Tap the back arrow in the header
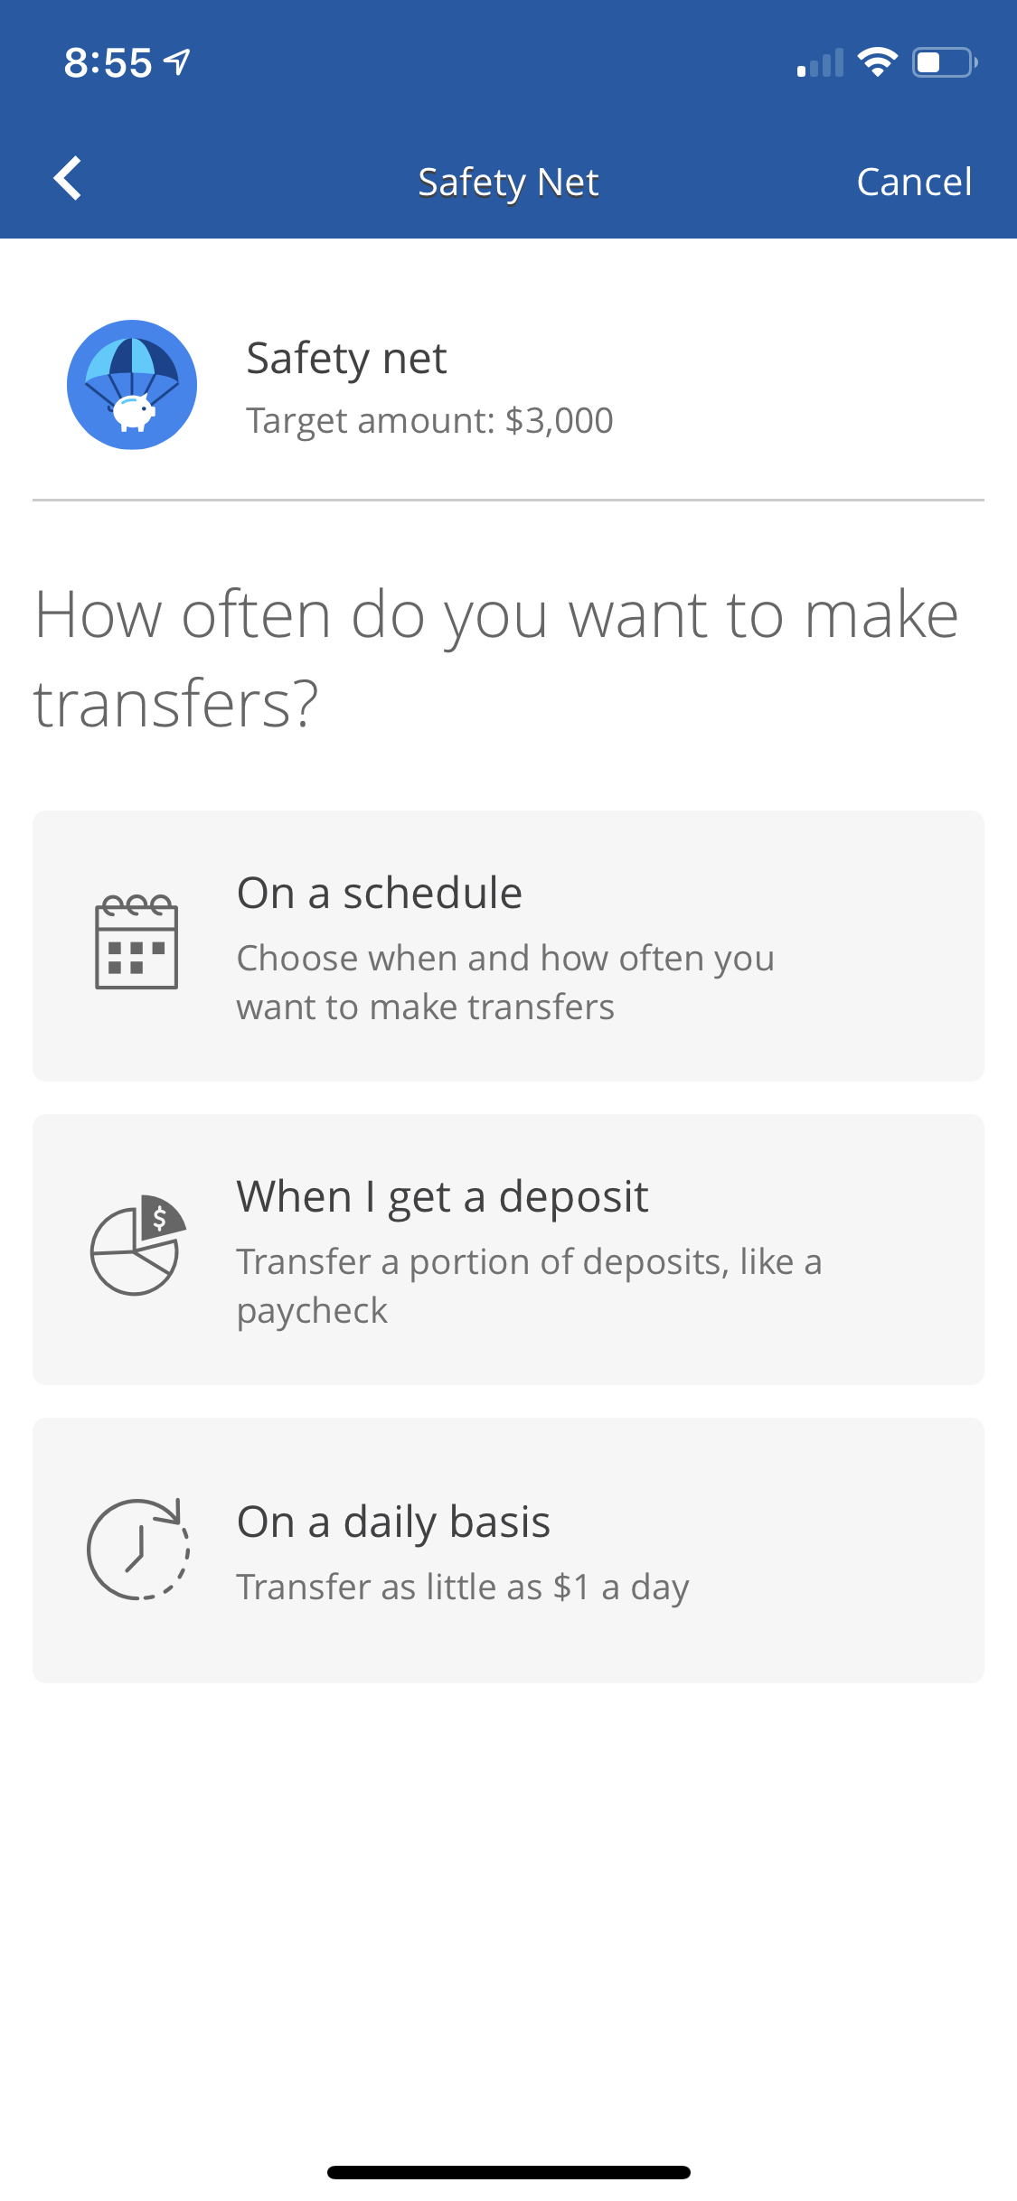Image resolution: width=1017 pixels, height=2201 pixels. click(68, 178)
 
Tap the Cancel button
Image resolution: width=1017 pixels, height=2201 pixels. click(914, 182)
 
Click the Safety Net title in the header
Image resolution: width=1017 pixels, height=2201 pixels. click(508, 183)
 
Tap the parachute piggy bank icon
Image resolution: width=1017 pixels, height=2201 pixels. click(132, 384)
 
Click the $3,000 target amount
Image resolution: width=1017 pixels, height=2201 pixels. click(560, 421)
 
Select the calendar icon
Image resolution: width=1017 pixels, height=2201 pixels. click(137, 941)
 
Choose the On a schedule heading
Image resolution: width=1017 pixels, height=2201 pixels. click(380, 893)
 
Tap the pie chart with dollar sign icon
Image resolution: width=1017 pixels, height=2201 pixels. click(138, 1245)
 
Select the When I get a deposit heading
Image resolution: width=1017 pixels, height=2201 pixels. click(443, 1197)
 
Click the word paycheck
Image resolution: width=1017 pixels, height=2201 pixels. click(312, 1311)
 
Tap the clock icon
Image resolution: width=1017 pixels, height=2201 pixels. click(138, 1549)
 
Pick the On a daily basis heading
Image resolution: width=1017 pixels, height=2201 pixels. click(394, 1522)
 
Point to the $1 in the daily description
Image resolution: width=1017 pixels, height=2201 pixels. click(571, 1587)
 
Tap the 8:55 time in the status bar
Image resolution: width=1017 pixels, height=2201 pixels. click(108, 62)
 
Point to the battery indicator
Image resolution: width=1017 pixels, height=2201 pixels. click(945, 62)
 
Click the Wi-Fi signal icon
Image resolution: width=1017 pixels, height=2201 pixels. click(877, 61)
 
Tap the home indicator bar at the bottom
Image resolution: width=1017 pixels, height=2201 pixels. click(509, 2172)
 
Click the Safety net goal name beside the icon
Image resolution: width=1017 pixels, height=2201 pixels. click(346, 359)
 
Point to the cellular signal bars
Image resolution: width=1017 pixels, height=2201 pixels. click(820, 62)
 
